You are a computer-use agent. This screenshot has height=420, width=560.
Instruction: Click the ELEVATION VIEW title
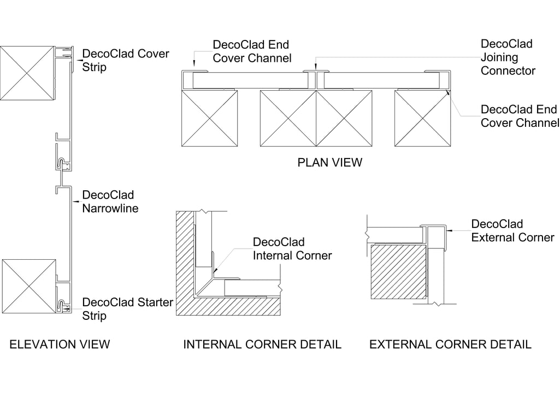(x=60, y=345)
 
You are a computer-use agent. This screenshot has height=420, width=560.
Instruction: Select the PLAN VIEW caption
(x=329, y=162)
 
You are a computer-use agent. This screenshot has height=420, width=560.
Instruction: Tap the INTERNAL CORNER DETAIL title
(x=262, y=345)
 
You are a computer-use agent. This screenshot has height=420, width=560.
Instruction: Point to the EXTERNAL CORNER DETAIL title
(x=450, y=345)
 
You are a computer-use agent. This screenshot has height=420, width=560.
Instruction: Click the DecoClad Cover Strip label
(x=126, y=61)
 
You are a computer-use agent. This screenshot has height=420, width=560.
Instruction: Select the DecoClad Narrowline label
(x=110, y=201)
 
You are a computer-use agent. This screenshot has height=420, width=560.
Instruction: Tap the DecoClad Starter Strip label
(x=127, y=309)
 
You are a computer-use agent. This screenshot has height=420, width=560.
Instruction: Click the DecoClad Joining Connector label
(x=508, y=57)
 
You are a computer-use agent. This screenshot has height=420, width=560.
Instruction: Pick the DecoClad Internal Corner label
(x=292, y=249)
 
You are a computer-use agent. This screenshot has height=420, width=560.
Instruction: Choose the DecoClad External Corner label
(x=512, y=231)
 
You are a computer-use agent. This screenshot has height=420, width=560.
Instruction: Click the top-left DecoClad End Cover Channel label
(x=251, y=51)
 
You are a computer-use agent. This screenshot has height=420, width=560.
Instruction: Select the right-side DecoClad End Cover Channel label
(x=520, y=116)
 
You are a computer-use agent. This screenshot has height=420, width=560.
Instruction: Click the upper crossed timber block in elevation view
(x=27, y=73)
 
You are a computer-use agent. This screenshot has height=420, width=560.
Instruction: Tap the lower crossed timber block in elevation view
(x=29, y=287)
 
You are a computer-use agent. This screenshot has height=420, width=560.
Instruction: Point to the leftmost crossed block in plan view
(x=209, y=118)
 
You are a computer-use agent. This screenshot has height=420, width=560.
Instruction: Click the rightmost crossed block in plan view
(x=422, y=118)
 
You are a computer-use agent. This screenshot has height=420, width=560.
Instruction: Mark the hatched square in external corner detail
(x=398, y=272)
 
